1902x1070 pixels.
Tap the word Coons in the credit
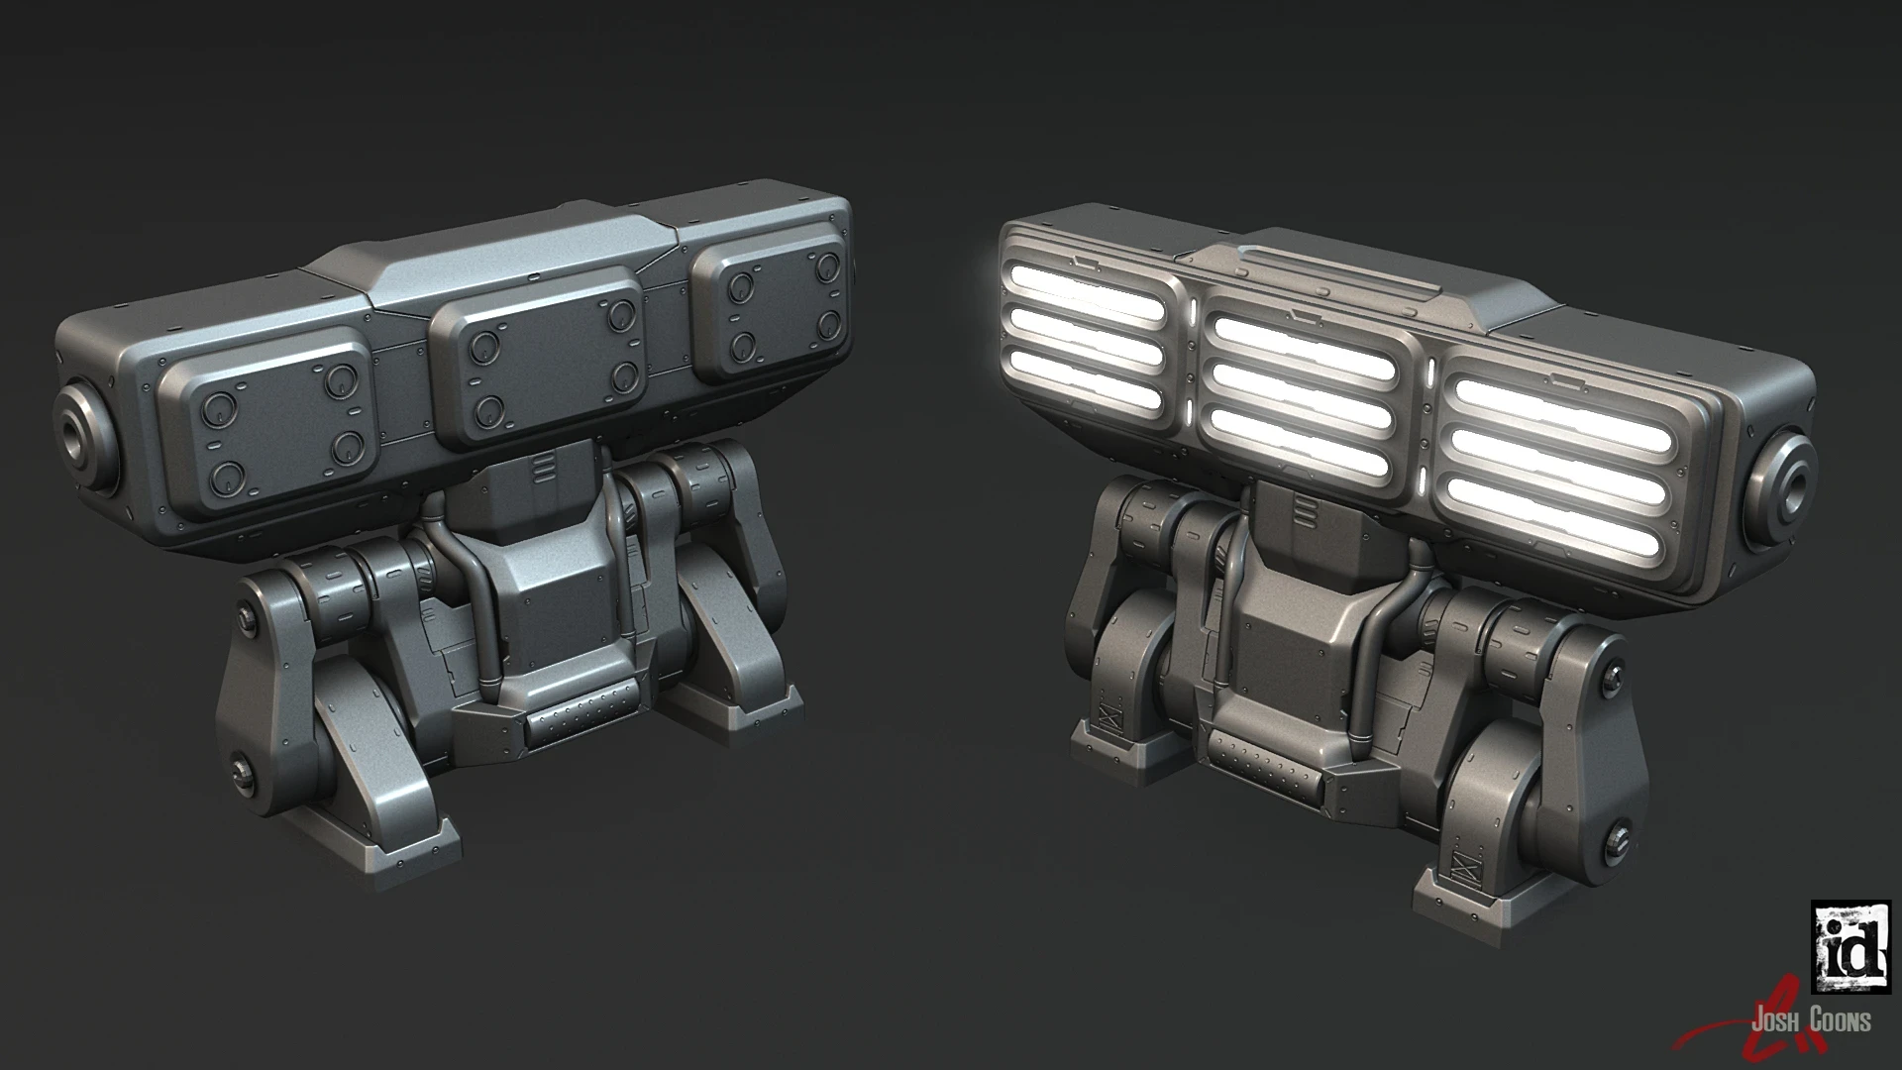1839,1020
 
